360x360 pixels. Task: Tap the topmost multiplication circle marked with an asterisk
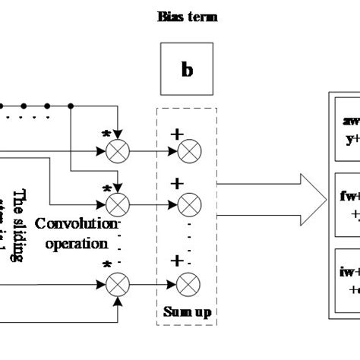117,152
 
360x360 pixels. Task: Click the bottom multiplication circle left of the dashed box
117,285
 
